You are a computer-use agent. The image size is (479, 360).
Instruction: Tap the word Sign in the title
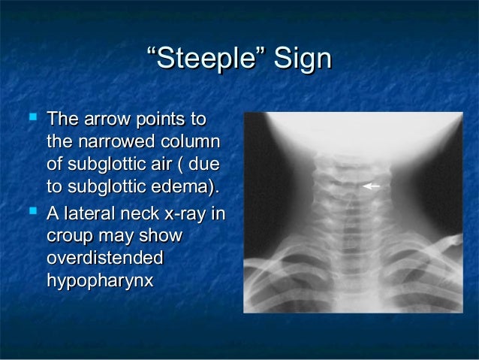pos(300,60)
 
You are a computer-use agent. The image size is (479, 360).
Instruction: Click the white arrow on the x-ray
pos(371,185)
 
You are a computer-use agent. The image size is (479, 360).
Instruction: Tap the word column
pos(193,141)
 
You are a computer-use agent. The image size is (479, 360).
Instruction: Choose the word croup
pos(70,237)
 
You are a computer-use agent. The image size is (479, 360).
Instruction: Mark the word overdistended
pos(104,259)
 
